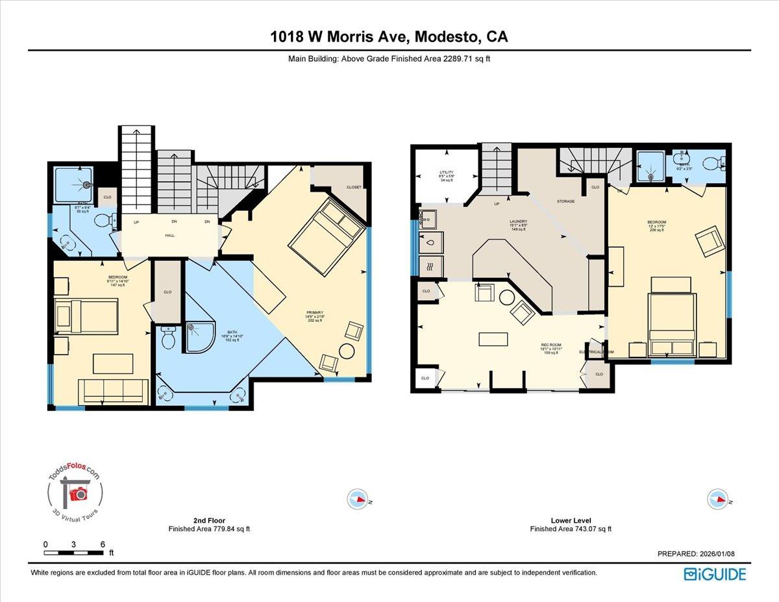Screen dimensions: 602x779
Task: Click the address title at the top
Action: pos(389,37)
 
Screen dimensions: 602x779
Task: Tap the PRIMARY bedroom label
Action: pos(315,312)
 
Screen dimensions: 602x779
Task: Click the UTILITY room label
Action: pos(447,173)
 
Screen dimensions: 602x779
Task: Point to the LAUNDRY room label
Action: pos(517,221)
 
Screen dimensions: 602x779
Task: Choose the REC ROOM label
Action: pos(550,345)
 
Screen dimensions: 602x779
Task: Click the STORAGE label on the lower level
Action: pos(565,201)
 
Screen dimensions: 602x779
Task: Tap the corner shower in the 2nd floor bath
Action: pos(199,337)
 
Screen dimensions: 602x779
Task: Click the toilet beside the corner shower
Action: pos(168,337)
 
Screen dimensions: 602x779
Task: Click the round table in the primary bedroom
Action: pos(348,351)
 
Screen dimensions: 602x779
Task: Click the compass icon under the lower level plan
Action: pos(716,499)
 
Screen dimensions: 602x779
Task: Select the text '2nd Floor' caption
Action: pos(208,520)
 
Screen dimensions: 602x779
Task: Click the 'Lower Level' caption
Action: pos(571,520)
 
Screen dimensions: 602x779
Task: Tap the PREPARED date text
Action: pos(695,554)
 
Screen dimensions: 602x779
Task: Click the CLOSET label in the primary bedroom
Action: pos(354,187)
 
